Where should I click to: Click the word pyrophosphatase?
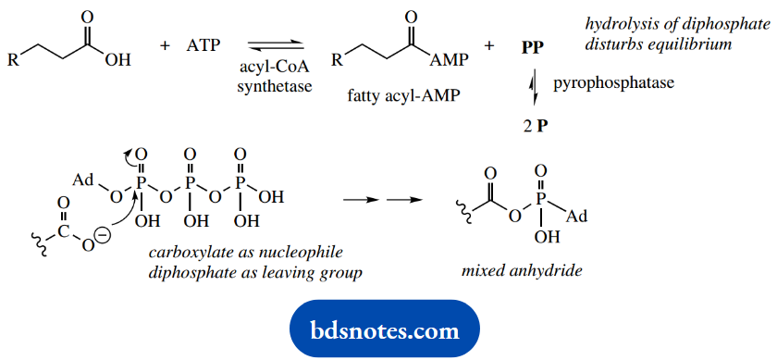613,83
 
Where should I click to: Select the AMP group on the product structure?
448,61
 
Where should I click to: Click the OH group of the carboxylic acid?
118,61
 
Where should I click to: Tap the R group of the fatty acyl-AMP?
339,61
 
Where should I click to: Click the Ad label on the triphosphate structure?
83,179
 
